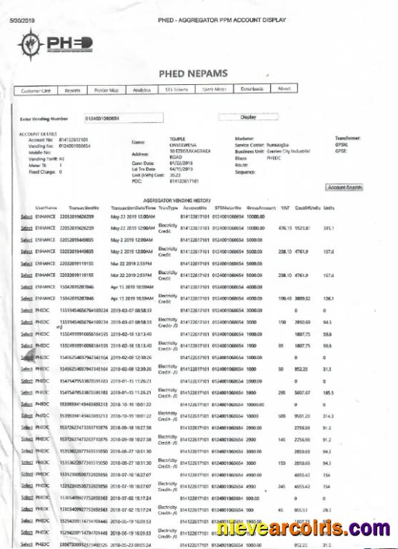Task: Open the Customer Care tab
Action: (x=36, y=90)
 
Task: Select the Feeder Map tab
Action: (x=106, y=90)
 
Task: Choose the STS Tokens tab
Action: (x=176, y=89)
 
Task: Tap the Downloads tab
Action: (x=252, y=89)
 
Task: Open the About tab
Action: (x=284, y=89)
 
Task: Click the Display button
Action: (x=248, y=116)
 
